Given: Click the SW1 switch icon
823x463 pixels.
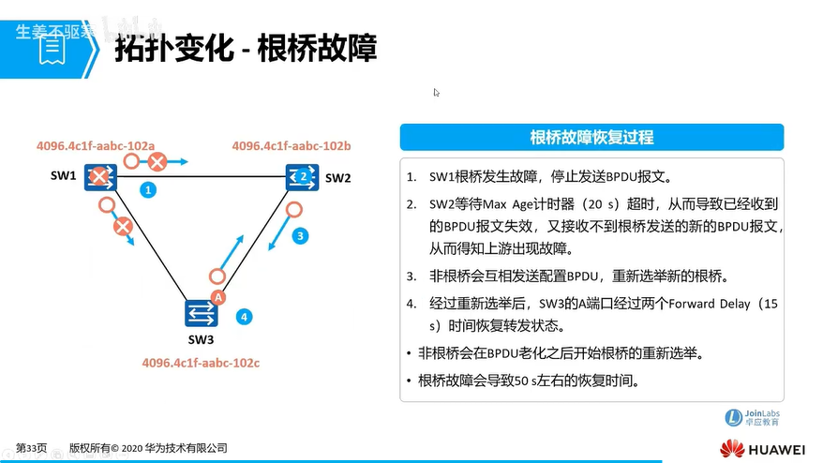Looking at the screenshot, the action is (100, 177).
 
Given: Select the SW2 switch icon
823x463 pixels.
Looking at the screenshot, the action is (303, 177).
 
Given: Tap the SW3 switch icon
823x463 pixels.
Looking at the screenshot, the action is (201, 313).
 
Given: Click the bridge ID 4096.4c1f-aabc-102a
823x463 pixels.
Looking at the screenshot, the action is (96, 146).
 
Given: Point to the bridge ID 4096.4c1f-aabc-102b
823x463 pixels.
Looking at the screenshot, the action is (292, 146).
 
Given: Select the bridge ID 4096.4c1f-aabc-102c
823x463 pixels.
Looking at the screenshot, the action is (201, 363).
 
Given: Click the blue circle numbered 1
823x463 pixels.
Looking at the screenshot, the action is (148, 189).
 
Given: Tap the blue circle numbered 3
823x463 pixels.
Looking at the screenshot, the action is (300, 235).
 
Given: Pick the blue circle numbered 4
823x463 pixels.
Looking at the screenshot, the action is (244, 317).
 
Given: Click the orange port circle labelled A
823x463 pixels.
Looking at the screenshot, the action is (218, 297).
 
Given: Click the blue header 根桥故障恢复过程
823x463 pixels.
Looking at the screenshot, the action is (591, 138).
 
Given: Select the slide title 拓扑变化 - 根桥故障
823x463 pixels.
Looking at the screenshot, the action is (246, 49).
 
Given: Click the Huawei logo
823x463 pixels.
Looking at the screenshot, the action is (762, 449).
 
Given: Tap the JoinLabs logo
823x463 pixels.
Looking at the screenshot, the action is (752, 418).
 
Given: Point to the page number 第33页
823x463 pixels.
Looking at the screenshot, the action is (31, 448).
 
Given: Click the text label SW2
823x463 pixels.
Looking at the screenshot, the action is (337, 178).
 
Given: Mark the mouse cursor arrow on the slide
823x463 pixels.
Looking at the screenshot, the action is (436, 93).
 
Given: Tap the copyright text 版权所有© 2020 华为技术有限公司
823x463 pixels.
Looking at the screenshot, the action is (148, 448).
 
